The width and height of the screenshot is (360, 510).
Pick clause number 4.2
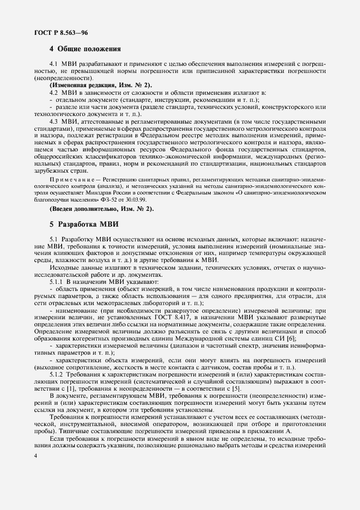coord(54,94)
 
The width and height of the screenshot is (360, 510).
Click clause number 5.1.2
coord(57,375)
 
